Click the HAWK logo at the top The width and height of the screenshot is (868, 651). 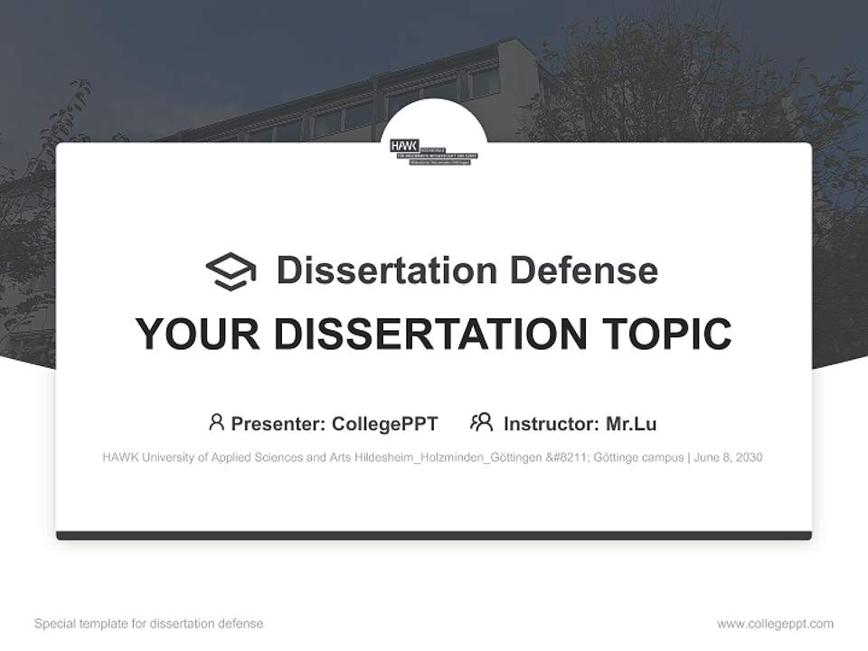coord(433,150)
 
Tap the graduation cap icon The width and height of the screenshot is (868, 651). coord(231,271)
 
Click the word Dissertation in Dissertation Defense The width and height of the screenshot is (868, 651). coord(386,270)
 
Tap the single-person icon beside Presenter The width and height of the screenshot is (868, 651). coord(216,422)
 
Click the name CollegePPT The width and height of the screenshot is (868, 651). coord(385,423)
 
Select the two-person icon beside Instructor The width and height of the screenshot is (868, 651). coord(482,422)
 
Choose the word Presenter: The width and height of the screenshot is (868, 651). coord(278,423)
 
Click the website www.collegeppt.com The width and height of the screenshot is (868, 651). coord(775,624)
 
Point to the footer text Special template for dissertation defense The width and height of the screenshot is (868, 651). coord(149,624)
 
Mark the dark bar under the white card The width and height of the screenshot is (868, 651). coord(434,535)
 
